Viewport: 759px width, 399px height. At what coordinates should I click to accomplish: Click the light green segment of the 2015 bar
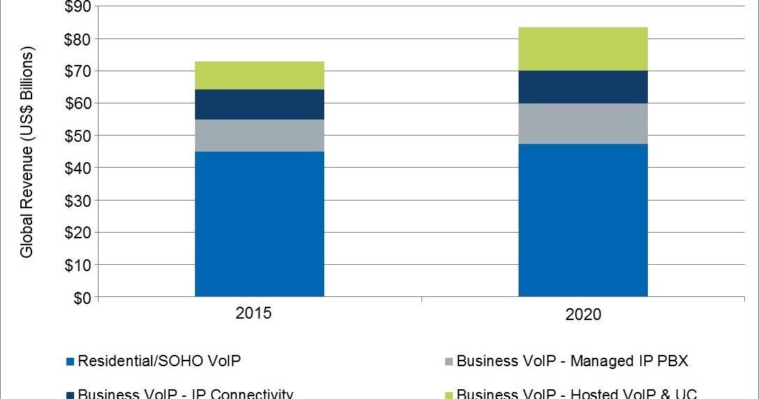[x=259, y=75]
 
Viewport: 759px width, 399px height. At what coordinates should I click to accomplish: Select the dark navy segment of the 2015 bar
[x=259, y=104]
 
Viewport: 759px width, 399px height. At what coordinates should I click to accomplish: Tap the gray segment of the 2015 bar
[x=259, y=136]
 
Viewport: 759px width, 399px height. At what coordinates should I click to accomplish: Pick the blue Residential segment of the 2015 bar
[x=259, y=224]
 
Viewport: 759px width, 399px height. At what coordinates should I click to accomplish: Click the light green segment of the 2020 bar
[x=583, y=49]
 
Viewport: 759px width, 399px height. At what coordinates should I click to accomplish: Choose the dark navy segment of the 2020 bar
[x=583, y=87]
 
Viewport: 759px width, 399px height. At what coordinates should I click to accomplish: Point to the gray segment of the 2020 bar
[x=583, y=124]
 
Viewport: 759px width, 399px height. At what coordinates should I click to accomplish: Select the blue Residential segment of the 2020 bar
[x=583, y=220]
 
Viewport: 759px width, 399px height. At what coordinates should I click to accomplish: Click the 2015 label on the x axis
[x=253, y=312]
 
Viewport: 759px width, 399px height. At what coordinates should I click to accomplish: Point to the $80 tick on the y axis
[x=77, y=39]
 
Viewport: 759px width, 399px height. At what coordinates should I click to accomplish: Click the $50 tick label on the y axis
[x=77, y=136]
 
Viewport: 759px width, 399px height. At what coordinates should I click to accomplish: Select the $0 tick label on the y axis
[x=80, y=298]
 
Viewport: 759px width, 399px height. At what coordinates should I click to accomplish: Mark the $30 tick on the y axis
[x=77, y=201]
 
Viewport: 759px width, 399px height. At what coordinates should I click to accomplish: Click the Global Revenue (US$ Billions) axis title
[x=27, y=153]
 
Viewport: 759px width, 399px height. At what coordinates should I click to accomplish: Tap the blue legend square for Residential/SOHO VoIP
[x=71, y=362]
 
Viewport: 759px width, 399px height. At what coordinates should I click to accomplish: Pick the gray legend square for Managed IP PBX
[x=449, y=362]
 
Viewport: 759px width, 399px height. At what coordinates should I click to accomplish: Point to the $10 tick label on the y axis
[x=77, y=266]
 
